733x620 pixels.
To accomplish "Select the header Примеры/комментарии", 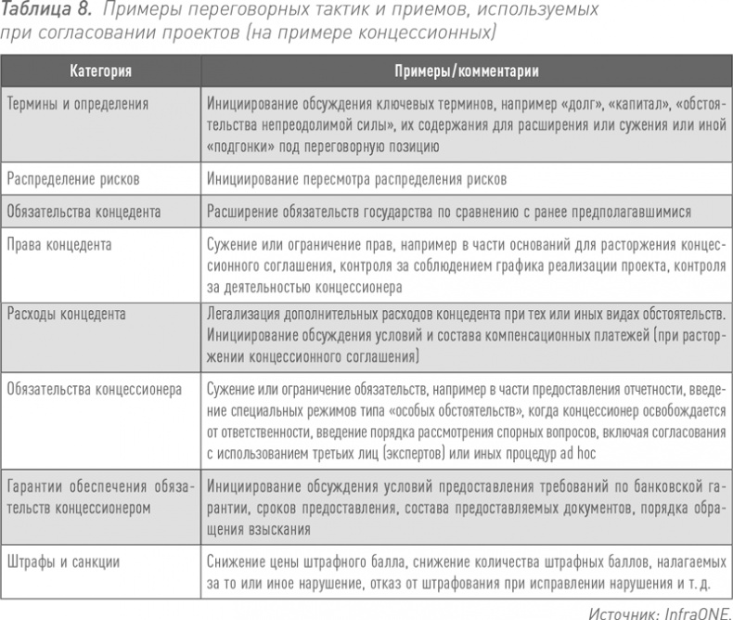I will [x=467, y=71].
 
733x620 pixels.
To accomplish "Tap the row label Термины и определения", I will [x=77, y=103].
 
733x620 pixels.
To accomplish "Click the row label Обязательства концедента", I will [x=84, y=212].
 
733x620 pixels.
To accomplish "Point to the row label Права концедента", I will [x=58, y=245].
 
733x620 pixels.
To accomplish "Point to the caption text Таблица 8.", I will [x=45, y=11].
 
